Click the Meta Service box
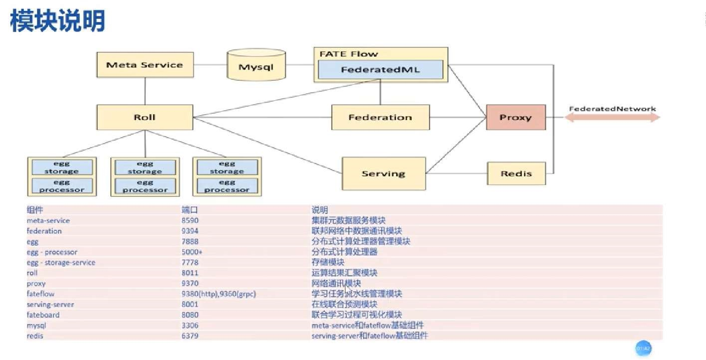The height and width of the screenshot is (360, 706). coord(145,65)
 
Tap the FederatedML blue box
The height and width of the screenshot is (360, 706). coord(380,70)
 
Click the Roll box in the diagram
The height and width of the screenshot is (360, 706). coord(145,118)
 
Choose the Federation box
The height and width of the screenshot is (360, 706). coord(380,118)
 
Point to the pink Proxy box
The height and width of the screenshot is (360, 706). coord(515,118)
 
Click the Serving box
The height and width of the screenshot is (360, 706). coord(383,174)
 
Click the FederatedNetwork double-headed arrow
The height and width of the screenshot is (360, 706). coord(612,118)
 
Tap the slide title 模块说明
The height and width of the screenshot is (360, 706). coord(58,21)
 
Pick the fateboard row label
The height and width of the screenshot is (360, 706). coord(43,315)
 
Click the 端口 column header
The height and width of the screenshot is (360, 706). coord(190,210)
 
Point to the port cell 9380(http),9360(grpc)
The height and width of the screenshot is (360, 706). coord(219,294)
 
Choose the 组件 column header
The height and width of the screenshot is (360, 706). coord(35,210)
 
